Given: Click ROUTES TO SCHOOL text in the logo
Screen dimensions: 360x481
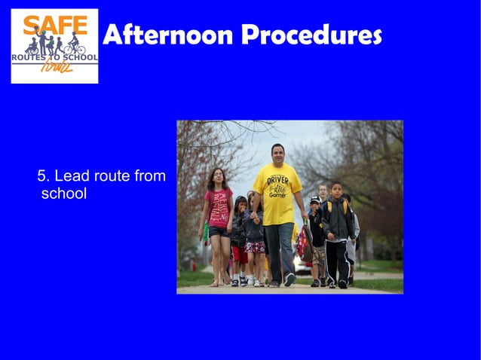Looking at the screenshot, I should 54,58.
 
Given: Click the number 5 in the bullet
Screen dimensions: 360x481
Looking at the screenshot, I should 42,176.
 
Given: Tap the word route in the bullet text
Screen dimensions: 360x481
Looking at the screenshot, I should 112,176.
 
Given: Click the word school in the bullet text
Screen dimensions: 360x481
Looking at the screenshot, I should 64,194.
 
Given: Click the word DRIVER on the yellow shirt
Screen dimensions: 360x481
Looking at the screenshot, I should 278,181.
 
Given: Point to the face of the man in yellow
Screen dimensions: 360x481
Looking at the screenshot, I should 277,155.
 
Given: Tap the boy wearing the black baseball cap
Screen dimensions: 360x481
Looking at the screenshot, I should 315,226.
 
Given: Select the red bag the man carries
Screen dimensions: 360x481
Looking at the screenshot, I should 304,243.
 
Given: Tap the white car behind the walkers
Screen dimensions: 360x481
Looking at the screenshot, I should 302,266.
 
